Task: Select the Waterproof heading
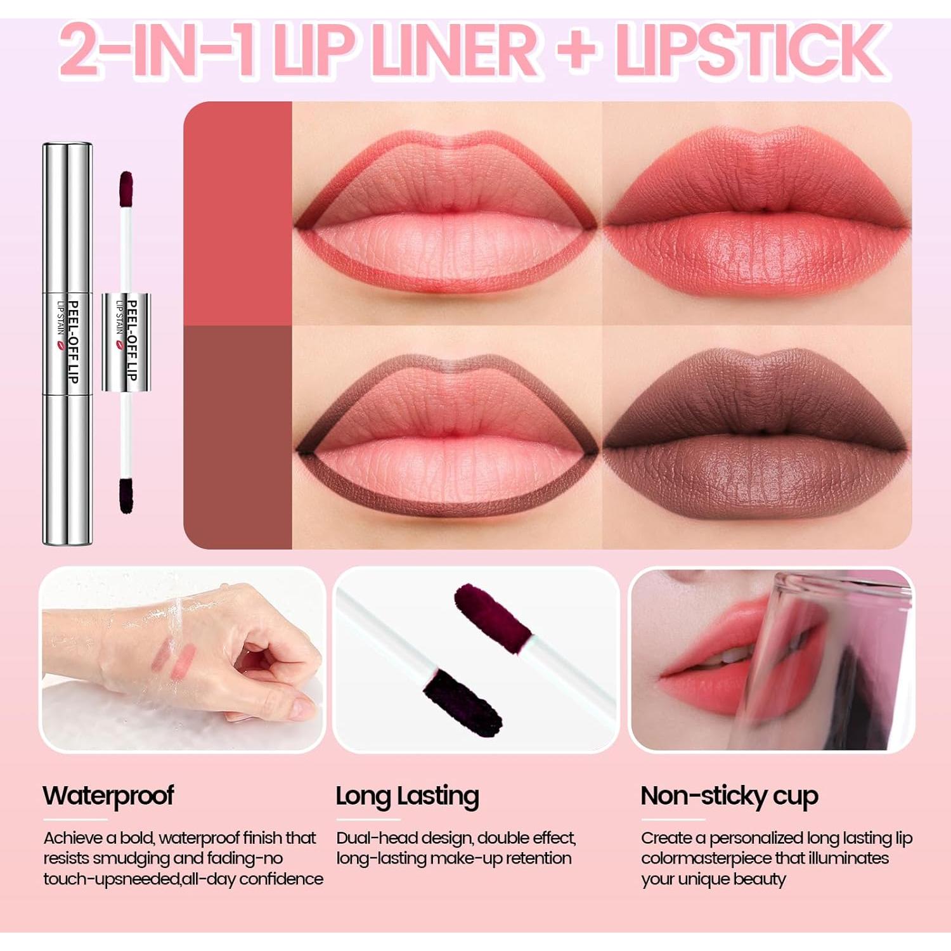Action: [108, 796]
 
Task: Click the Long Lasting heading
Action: [407, 796]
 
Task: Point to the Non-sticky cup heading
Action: [729, 796]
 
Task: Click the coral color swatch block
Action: [238, 214]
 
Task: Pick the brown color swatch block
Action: [238, 437]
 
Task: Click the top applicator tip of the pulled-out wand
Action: [126, 188]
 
